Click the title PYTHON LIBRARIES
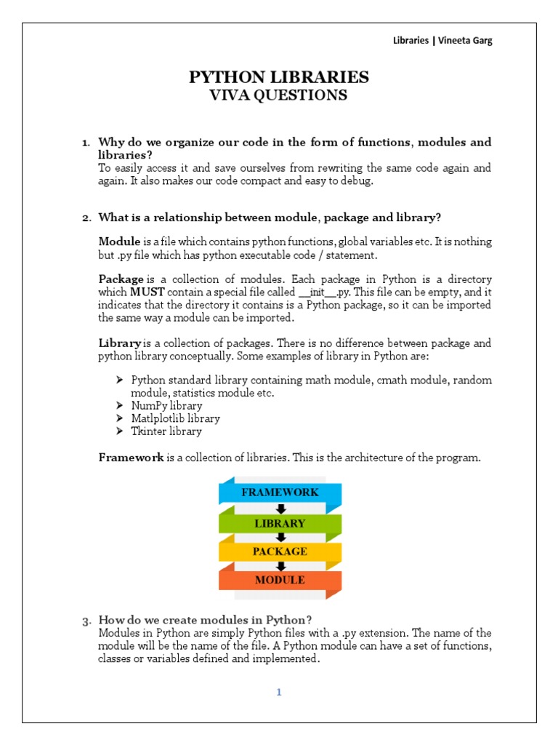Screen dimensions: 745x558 pyautogui.click(x=279, y=77)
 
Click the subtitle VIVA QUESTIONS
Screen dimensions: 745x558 pyautogui.click(x=279, y=95)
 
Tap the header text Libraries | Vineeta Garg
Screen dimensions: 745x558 pyautogui.click(x=442, y=41)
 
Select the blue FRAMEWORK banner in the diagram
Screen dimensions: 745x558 pyautogui.click(x=280, y=493)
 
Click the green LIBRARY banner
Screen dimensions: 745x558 pyautogui.click(x=280, y=523)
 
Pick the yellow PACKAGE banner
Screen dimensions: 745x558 pyautogui.click(x=280, y=551)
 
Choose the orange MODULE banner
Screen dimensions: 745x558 pyautogui.click(x=280, y=580)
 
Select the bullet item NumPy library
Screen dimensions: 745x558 pyautogui.click(x=166, y=405)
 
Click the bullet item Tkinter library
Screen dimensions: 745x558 pyautogui.click(x=166, y=431)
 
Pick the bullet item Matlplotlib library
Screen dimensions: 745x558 pyautogui.click(x=175, y=418)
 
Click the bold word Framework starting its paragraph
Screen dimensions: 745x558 pyautogui.click(x=131, y=458)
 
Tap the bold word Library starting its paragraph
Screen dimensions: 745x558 pyautogui.click(x=119, y=343)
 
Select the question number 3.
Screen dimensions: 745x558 pyautogui.click(x=85, y=621)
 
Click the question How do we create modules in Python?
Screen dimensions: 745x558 pyautogui.click(x=205, y=620)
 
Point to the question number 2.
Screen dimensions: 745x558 pyautogui.click(x=85, y=218)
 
